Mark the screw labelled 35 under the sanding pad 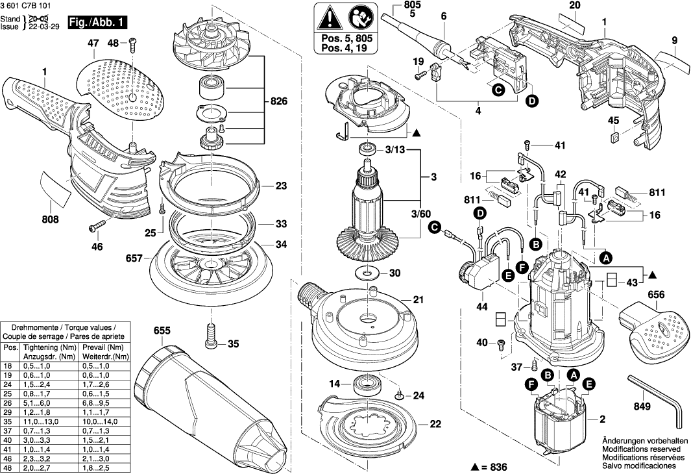click(211, 334)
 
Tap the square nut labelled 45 click(614, 137)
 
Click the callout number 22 click(435, 424)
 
